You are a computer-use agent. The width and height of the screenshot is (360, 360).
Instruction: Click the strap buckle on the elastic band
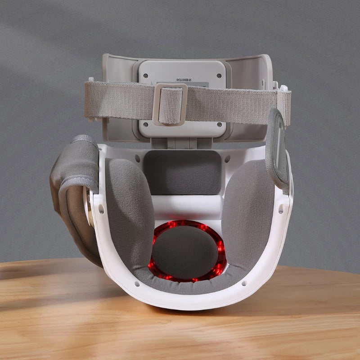tap(170, 105)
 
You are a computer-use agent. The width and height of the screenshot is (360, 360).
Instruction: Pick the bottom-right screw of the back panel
tap(219, 124)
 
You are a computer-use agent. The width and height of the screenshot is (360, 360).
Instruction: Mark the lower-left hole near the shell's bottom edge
tap(136, 284)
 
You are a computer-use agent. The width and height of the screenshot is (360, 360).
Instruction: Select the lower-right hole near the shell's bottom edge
tap(244, 283)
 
